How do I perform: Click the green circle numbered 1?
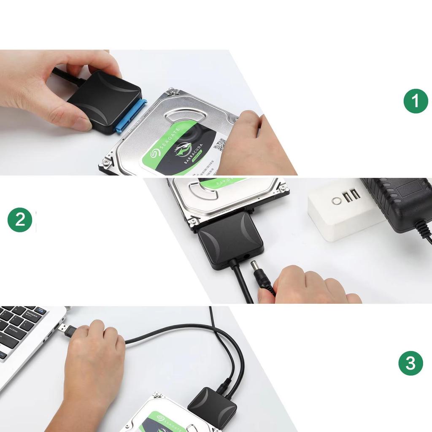[416, 101]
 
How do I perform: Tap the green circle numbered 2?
[20, 220]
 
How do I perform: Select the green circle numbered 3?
[410, 363]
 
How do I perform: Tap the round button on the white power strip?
[337, 201]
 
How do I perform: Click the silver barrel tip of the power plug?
[256, 268]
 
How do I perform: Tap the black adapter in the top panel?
[104, 101]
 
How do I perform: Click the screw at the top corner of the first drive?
[172, 91]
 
